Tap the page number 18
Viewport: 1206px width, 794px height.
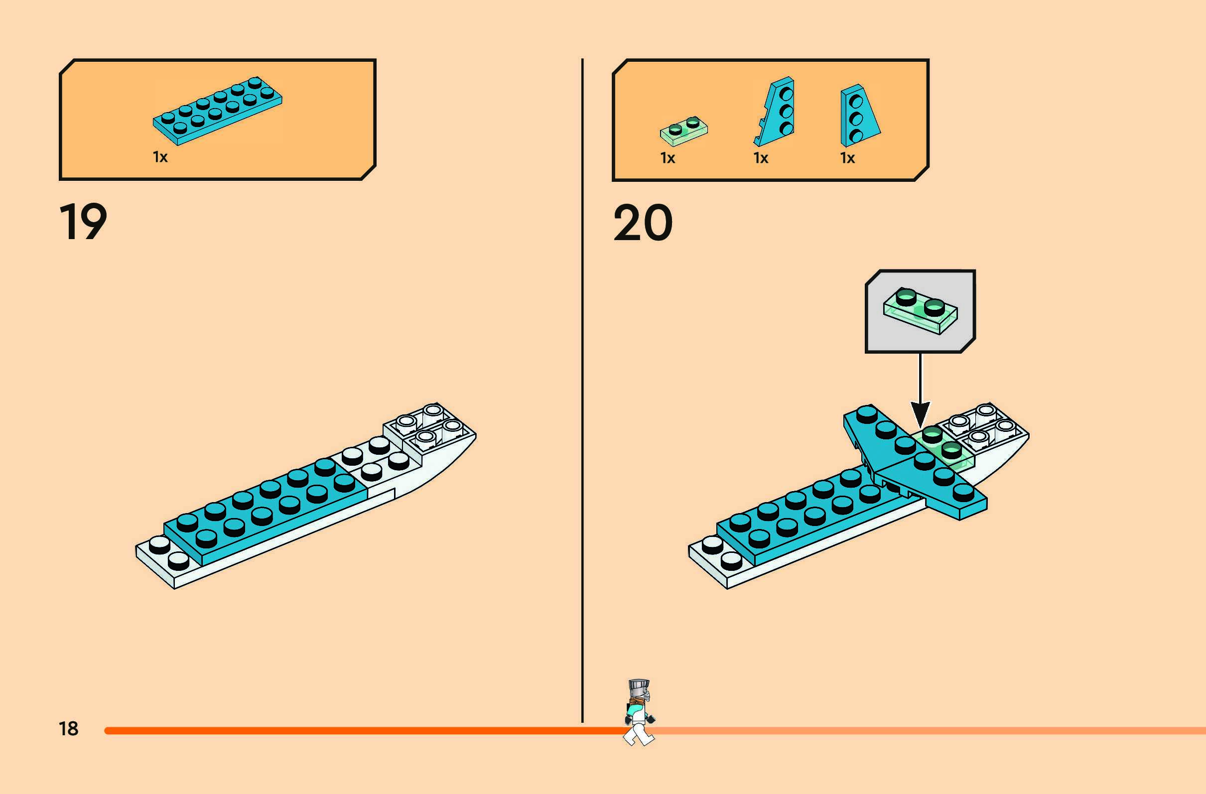(x=68, y=729)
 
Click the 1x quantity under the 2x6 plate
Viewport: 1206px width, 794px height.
(x=160, y=157)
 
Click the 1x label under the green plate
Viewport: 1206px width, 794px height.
(x=668, y=158)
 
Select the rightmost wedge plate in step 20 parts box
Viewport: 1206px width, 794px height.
(x=857, y=116)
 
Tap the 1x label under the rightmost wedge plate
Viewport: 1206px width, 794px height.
(x=847, y=158)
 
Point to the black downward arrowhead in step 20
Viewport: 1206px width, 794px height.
(x=920, y=413)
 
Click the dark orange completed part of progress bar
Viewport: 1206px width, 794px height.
(x=355, y=731)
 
